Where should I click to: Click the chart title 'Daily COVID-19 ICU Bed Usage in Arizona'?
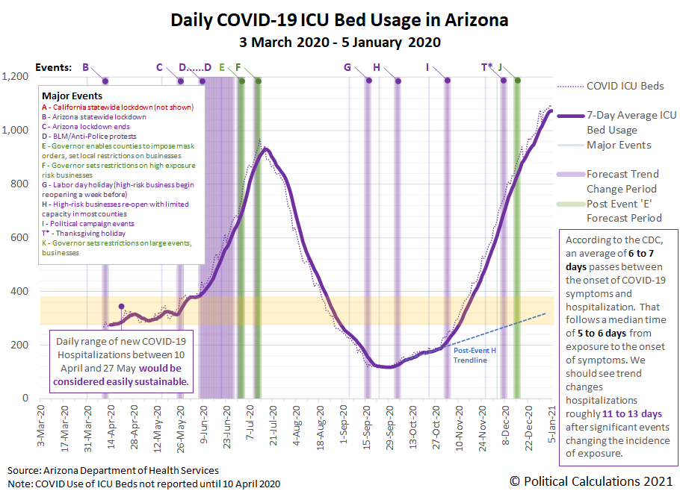point(339,19)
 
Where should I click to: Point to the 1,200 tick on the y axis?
point(15,77)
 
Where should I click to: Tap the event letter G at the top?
point(347,67)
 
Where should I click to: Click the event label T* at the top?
point(487,67)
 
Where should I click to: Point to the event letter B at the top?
point(86,67)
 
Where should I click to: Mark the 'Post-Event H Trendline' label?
point(470,356)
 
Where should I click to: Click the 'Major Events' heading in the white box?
point(72,96)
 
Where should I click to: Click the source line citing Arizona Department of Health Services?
point(114,470)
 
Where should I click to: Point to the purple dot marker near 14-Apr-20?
point(121,306)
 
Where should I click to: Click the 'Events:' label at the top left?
point(56,67)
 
